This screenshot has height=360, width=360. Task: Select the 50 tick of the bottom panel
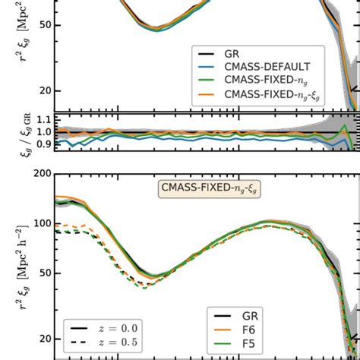point(43,273)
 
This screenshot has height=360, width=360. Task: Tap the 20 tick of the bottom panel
point(43,338)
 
